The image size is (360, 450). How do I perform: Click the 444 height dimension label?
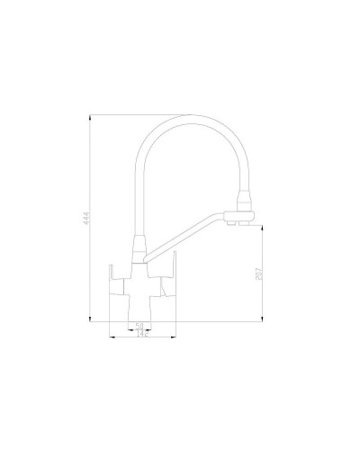coord(87,218)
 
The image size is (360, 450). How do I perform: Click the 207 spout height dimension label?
coord(259,273)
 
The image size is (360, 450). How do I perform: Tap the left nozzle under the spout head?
coord(238,224)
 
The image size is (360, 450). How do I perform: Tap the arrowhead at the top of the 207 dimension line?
coord(262,227)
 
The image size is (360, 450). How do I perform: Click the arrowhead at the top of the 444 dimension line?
coord(91,117)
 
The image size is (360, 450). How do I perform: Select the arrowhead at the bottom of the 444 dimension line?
coord(91,319)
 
